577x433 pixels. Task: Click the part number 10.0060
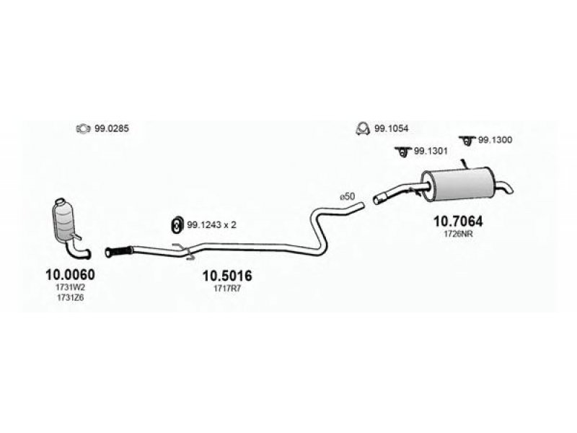[70, 274]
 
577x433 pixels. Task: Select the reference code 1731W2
[70, 287]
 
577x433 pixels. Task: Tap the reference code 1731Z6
[70, 298]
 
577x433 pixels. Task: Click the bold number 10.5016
[227, 276]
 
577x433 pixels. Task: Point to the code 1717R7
[227, 289]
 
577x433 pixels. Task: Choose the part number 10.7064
[458, 222]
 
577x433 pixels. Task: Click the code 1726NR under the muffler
[458, 234]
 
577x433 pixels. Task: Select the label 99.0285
[112, 129]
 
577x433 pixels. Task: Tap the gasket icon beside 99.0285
[83, 129]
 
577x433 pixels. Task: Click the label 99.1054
[391, 129]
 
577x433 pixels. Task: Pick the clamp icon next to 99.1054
[363, 128]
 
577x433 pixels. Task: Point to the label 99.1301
[431, 151]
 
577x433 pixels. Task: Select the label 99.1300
[495, 140]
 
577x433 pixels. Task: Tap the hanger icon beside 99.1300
[467, 140]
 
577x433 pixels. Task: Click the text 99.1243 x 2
[211, 224]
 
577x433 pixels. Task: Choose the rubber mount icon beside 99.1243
[177, 225]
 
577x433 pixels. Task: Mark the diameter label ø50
[348, 196]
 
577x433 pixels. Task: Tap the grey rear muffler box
[459, 185]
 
